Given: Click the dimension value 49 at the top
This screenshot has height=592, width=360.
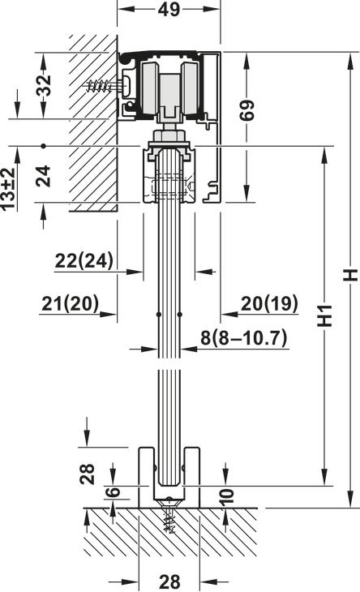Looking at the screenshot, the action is tap(169, 9).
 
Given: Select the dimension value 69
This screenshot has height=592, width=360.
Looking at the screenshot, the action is tap(247, 110).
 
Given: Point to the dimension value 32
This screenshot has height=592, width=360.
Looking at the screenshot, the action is tap(44, 85).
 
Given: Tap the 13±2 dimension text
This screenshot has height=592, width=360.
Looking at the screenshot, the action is tap(8, 188).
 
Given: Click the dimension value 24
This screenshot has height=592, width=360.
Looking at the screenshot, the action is tap(44, 176).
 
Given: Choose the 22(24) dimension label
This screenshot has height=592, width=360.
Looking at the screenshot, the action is tap(84, 260).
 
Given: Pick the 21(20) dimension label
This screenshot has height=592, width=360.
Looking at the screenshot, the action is tap(71, 303).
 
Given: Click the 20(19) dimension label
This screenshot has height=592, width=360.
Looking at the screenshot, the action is tap(269, 303).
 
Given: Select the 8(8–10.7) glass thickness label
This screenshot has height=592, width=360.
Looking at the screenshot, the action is tap(244, 337).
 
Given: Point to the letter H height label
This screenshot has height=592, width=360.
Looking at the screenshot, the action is tap(350, 275).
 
